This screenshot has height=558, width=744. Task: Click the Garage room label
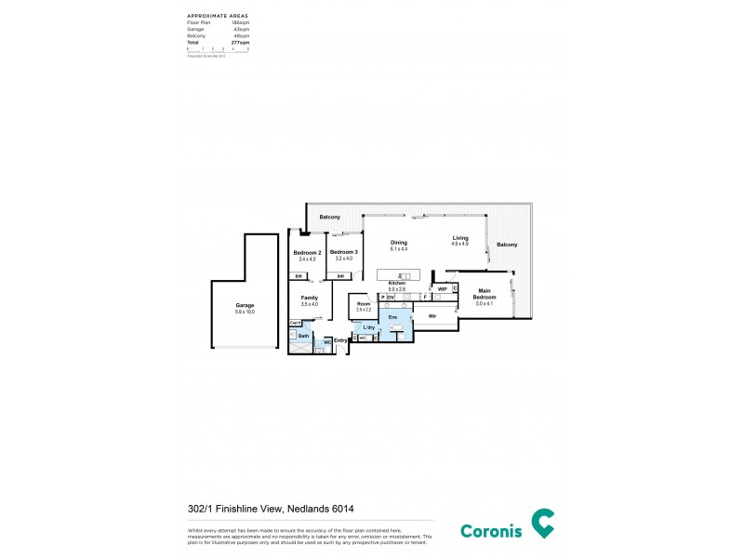tap(245, 305)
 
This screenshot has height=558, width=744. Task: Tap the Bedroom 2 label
tap(307, 252)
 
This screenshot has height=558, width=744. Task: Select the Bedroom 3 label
tap(343, 252)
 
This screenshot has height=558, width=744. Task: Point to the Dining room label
tap(398, 243)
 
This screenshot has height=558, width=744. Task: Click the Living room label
tap(460, 238)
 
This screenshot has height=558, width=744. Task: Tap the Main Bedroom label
tap(484, 293)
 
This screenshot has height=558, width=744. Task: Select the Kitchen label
tap(397, 283)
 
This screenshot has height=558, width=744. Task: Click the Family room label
tap(309, 298)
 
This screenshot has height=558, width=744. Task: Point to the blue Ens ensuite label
tap(392, 317)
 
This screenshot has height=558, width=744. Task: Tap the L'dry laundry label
tap(368, 327)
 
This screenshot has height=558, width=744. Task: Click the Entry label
tap(340, 340)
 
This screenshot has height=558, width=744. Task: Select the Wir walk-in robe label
tap(432, 317)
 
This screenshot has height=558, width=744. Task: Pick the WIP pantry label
tap(443, 289)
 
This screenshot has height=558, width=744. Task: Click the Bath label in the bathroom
tap(302, 335)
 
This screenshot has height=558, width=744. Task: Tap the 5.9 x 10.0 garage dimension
tap(245, 312)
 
